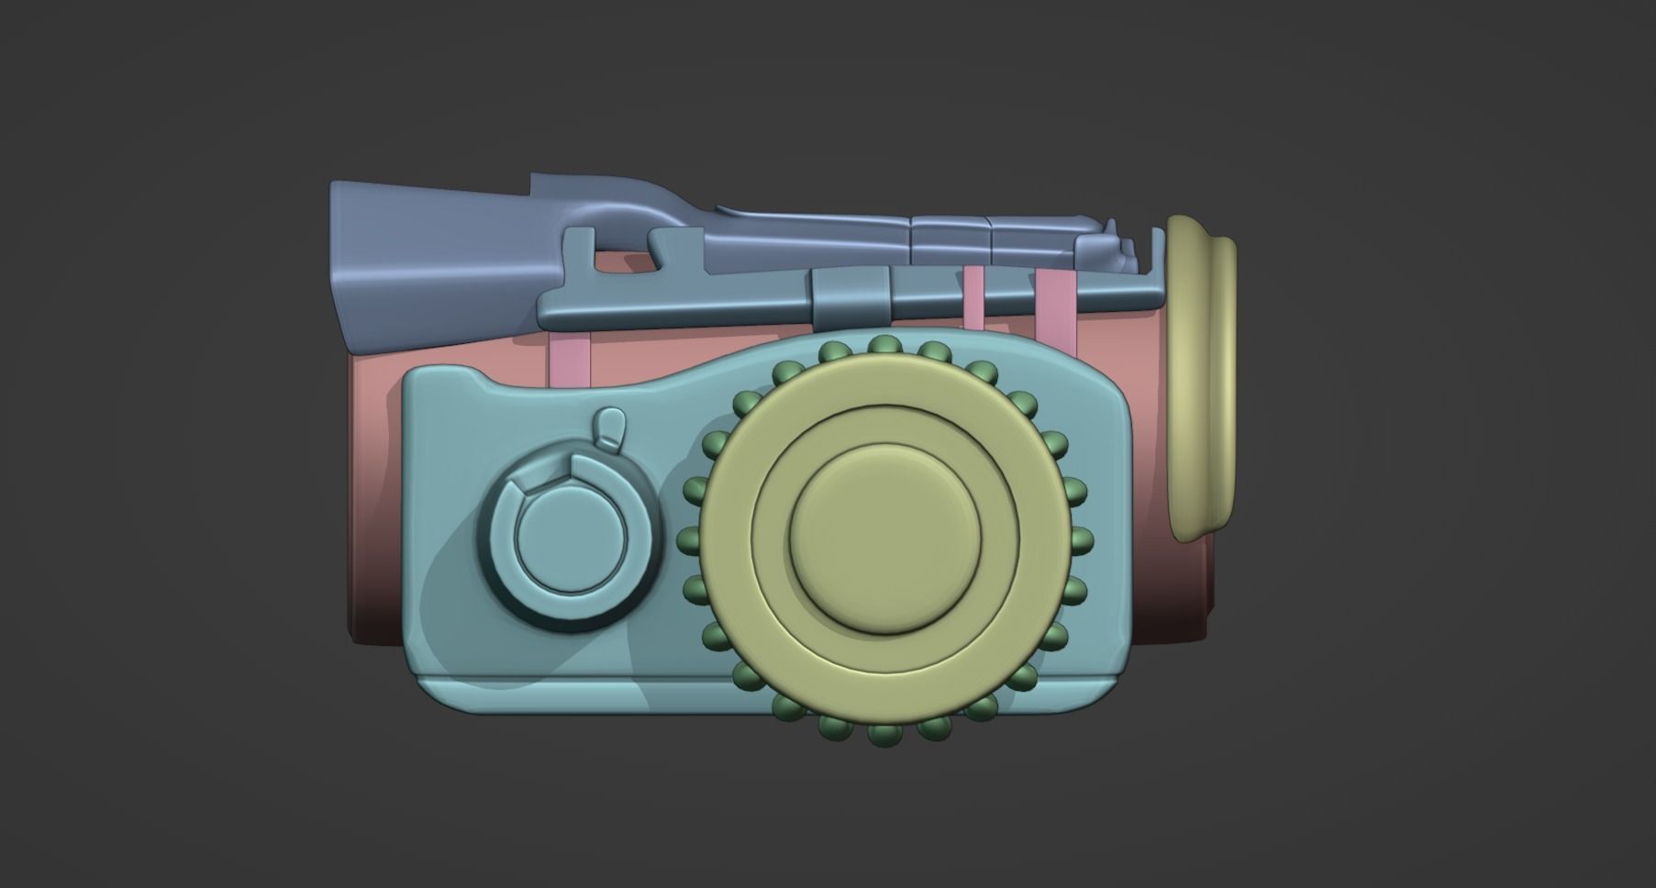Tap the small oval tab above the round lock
pyautogui.click(x=610, y=427)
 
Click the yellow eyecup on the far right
pyautogui.click(x=1202, y=376)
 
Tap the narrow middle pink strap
pyautogui.click(x=973, y=297)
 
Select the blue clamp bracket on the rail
pyautogui.click(x=850, y=295)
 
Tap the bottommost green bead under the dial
pyautogui.click(x=884, y=735)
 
